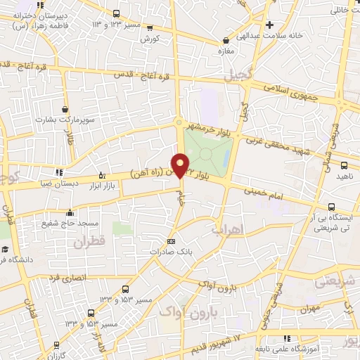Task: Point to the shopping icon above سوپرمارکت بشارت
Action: tap(65, 110)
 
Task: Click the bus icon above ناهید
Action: tap(344, 165)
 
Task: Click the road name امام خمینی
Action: tap(263, 193)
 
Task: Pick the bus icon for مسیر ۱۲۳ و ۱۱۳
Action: tap(115, 13)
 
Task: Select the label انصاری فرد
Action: tap(66, 278)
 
